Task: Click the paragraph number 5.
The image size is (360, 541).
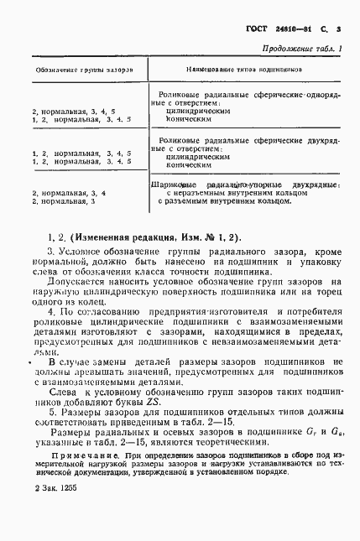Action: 51,412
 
